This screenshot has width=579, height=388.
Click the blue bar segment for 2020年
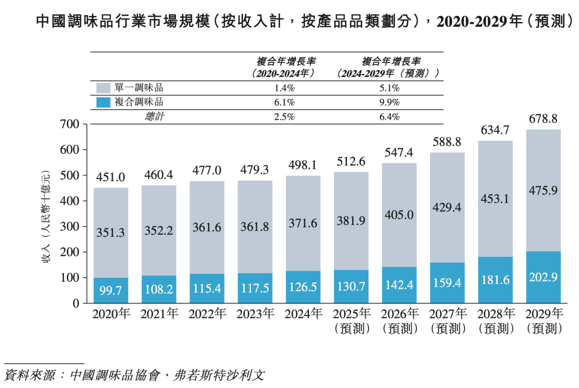pos(111,290)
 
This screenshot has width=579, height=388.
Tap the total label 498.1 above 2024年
pos(302,165)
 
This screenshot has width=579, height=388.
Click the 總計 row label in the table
pos(155,117)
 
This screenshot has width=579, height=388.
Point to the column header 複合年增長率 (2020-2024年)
pos(284,67)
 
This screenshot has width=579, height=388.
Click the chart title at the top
pos(289,21)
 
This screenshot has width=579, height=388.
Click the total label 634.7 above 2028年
pos(495,131)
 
